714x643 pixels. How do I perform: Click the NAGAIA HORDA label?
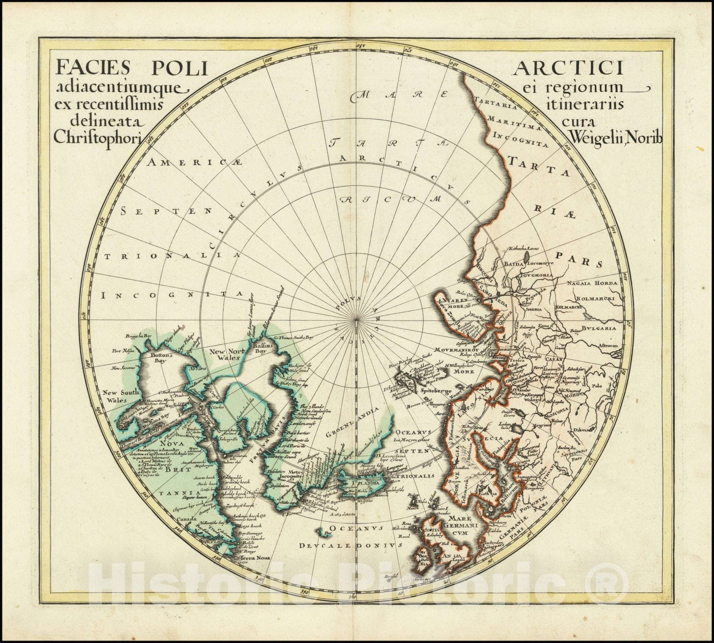(592, 283)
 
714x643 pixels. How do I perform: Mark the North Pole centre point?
(356, 320)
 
